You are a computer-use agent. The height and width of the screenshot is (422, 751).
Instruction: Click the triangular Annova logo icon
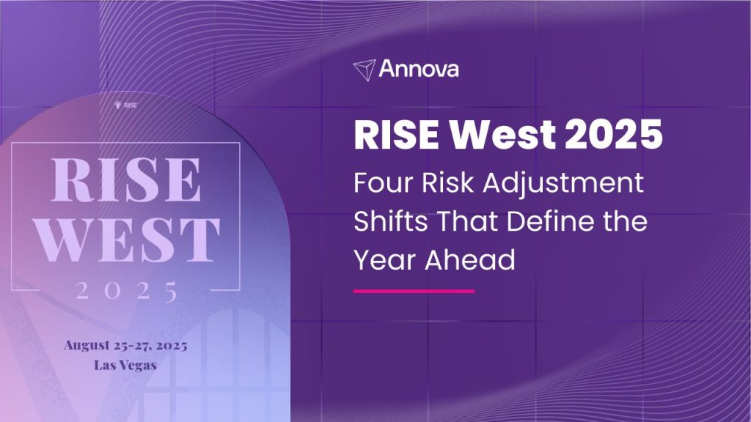[x=364, y=70]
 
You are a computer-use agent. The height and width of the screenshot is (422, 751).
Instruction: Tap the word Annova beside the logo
[x=419, y=69]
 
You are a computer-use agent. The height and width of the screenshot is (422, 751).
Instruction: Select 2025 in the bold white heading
[x=614, y=135]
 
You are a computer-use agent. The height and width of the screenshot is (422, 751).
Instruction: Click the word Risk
[x=448, y=182]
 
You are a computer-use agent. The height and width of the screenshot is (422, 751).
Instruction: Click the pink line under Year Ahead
[x=414, y=291]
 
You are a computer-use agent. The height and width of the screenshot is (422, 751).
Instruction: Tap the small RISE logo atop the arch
[x=126, y=105]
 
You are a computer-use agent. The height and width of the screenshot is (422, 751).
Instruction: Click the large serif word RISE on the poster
[x=126, y=179]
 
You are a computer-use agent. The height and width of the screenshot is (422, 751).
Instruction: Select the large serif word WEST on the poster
[x=128, y=240]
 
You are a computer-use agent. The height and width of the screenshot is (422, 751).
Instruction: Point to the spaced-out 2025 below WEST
[x=126, y=291]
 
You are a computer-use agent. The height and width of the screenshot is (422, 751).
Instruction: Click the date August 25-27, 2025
[x=125, y=346]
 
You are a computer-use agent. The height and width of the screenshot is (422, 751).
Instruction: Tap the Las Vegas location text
[x=125, y=366]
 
